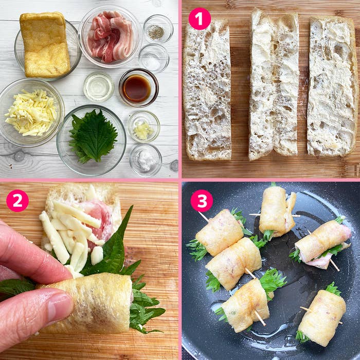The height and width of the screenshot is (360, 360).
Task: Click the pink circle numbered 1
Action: pos(200,19)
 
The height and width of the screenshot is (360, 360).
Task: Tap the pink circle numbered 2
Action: pos(17,201)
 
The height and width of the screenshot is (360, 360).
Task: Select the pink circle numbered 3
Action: pos(202,201)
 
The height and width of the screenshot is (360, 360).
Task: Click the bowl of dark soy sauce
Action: pos(139,88)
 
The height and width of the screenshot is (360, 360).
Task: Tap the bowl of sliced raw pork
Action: pos(110,37)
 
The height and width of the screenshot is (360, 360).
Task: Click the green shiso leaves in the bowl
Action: pos(93,136)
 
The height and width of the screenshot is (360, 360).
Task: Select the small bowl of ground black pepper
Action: pos(158,29)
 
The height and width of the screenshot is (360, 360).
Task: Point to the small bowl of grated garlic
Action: pos(144,127)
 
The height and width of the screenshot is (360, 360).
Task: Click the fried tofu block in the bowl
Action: pos(45,45)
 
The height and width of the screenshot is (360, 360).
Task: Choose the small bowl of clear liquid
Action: pos(99,86)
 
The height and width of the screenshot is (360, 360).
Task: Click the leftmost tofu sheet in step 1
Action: pos(207,89)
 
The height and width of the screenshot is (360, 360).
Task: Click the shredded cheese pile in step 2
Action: pos(69,234)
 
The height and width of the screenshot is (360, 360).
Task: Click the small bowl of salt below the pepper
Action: pos(154,58)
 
